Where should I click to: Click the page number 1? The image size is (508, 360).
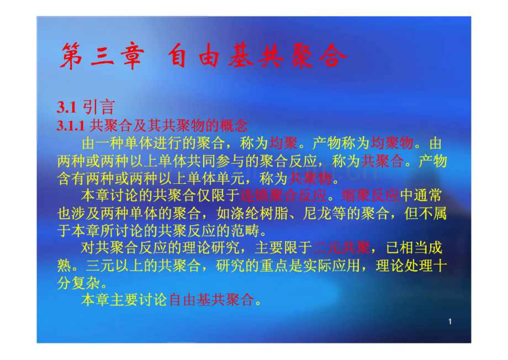(x=451, y=321)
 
